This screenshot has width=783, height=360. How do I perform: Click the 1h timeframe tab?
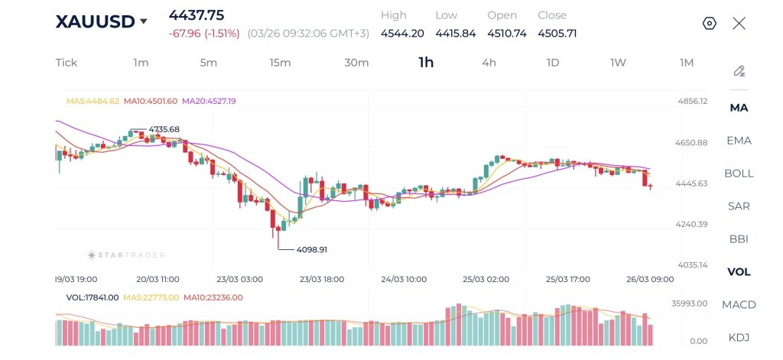pyautogui.click(x=426, y=63)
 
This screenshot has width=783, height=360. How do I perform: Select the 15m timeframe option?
pyautogui.click(x=280, y=63)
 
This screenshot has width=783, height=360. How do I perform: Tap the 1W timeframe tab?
pyautogui.click(x=618, y=63)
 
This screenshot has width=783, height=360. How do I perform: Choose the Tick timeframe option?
pyautogui.click(x=67, y=63)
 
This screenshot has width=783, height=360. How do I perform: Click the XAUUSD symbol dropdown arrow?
pyautogui.click(x=143, y=22)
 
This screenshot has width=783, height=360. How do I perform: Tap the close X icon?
pyautogui.click(x=739, y=23)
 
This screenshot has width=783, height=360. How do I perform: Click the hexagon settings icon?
pyautogui.click(x=709, y=23)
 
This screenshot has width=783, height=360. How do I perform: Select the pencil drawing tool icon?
pyautogui.click(x=739, y=71)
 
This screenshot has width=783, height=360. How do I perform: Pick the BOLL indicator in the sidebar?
pyautogui.click(x=739, y=174)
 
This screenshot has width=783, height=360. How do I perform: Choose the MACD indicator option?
pyautogui.click(x=739, y=305)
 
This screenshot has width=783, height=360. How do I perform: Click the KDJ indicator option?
pyautogui.click(x=739, y=337)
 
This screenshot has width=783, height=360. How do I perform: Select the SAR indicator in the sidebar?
pyautogui.click(x=739, y=206)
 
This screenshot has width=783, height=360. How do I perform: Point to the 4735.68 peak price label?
pyautogui.click(x=164, y=129)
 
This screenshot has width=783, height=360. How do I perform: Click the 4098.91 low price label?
pyautogui.click(x=312, y=249)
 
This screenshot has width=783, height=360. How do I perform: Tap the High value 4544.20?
pyautogui.click(x=402, y=33)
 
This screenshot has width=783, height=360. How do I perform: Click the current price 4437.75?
pyautogui.click(x=197, y=15)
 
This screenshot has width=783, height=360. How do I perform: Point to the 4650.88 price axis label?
pyautogui.click(x=692, y=143)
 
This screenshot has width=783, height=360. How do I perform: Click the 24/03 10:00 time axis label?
pyautogui.click(x=404, y=280)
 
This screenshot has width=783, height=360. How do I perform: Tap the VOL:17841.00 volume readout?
pyautogui.click(x=93, y=297)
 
